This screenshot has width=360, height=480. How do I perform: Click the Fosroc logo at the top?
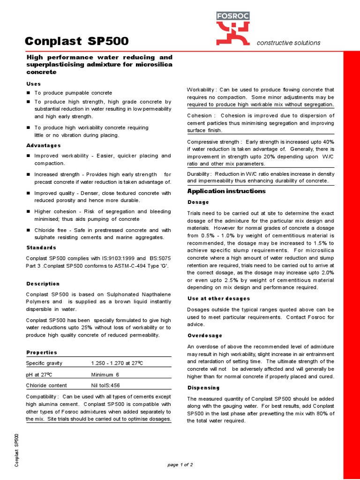[232, 29]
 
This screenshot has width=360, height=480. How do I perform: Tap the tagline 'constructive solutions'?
[288, 43]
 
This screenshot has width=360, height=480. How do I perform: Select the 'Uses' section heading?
[33, 83]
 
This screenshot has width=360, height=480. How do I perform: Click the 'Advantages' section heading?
[44, 145]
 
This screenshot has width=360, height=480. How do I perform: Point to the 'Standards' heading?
[41, 247]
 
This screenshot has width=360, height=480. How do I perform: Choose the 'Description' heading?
[43, 284]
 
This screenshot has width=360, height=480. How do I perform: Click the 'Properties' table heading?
[42, 352]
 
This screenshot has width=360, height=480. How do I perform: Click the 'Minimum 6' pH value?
[105, 375]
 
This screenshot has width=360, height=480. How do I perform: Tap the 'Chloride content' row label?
[46, 385]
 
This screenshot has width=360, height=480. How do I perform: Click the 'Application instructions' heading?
[226, 191]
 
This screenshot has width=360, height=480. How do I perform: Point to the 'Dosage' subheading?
[198, 202]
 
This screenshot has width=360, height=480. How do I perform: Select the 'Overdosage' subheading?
[205, 336]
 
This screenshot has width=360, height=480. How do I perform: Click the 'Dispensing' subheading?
[203, 388]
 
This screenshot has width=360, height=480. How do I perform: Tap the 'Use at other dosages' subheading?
[218, 298]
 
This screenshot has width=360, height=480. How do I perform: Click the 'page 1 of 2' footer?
[180, 465]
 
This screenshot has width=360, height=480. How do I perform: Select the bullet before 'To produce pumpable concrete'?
[28, 93]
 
